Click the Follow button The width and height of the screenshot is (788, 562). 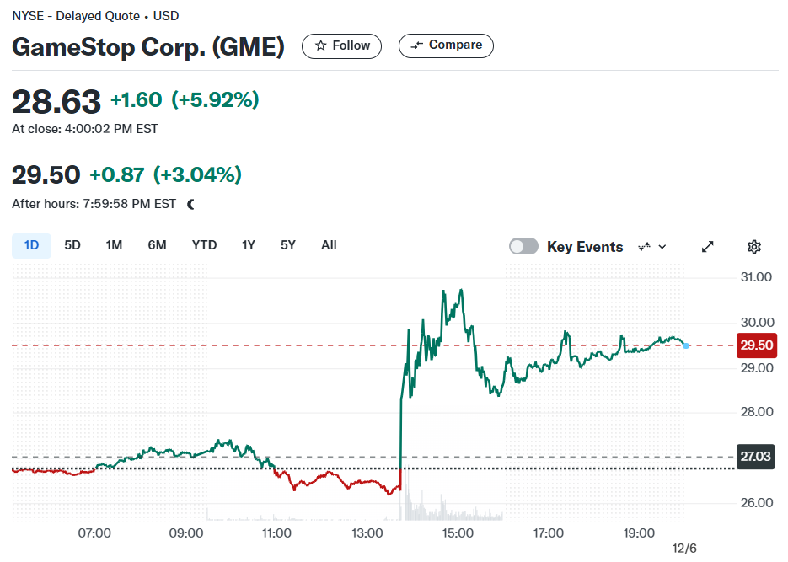(x=341, y=46)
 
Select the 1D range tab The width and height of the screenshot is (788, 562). (x=31, y=245)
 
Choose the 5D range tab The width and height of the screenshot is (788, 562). (x=72, y=245)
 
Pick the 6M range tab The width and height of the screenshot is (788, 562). (x=157, y=245)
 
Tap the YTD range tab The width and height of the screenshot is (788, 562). (x=204, y=245)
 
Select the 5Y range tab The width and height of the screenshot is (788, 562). (x=288, y=245)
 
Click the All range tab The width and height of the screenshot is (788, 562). (x=329, y=245)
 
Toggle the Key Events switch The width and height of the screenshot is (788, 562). (x=523, y=247)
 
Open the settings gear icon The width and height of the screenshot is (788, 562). (x=753, y=247)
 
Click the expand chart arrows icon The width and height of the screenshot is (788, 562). (x=708, y=247)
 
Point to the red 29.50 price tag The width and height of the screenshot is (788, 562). (x=756, y=345)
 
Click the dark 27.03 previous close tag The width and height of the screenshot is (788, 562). (x=755, y=457)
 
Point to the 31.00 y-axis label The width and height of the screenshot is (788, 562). (x=756, y=277)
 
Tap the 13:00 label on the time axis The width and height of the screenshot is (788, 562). (x=367, y=533)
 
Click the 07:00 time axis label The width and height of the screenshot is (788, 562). (x=94, y=533)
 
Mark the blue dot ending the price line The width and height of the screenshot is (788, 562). (x=686, y=345)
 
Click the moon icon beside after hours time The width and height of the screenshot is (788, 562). (x=191, y=205)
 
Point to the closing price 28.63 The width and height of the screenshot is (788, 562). (x=56, y=102)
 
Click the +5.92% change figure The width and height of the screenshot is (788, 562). (x=215, y=99)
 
